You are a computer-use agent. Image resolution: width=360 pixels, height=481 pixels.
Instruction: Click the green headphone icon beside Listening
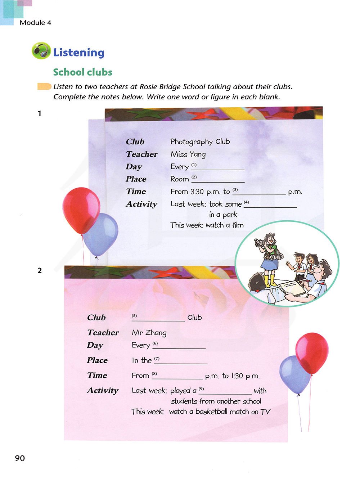tap(41, 51)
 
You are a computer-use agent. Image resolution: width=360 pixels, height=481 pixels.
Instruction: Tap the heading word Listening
tap(78, 53)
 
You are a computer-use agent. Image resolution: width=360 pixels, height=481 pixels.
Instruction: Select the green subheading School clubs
tap(83, 72)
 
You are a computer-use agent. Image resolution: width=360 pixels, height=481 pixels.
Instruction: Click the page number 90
tap(20, 458)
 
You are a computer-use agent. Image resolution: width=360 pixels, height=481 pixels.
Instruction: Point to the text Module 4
tap(35, 22)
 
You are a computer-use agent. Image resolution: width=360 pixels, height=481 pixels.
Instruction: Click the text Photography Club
tap(200, 141)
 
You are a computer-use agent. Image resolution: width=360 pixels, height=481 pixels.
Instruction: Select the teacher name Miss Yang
tap(188, 154)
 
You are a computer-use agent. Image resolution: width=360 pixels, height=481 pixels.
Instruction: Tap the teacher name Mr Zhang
tap(149, 333)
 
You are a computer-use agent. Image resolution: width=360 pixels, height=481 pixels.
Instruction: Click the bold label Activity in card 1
tap(141, 204)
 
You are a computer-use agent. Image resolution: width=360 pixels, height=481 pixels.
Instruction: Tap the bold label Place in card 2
tap(97, 360)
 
